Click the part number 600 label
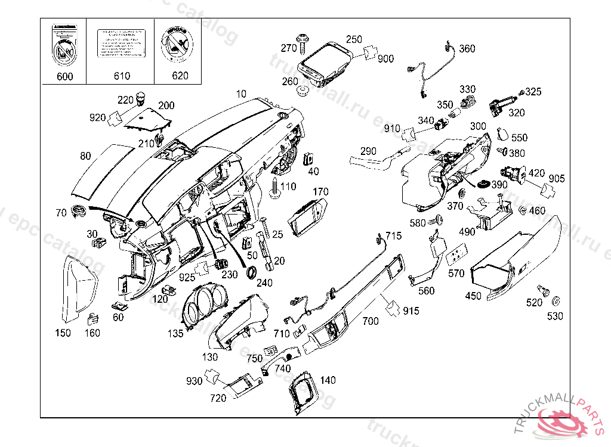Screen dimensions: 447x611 pyautogui.click(x=64, y=76)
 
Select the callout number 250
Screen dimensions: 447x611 pyautogui.click(x=354, y=39)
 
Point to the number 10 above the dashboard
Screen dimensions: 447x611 pyautogui.click(x=240, y=94)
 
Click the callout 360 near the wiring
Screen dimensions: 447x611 pyautogui.click(x=467, y=49)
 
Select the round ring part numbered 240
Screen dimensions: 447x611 pyautogui.click(x=252, y=272)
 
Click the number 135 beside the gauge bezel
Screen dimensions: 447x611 pyautogui.click(x=175, y=334)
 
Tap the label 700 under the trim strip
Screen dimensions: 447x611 pyautogui.click(x=370, y=321)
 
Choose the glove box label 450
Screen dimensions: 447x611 pyautogui.click(x=473, y=296)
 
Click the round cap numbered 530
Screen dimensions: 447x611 pyautogui.click(x=558, y=300)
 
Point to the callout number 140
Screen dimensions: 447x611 pyautogui.click(x=328, y=380)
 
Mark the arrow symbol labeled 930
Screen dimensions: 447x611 pyautogui.click(x=211, y=376)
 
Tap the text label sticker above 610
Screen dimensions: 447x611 pyautogui.click(x=121, y=43)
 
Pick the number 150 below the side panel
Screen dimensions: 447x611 pyautogui.click(x=63, y=333)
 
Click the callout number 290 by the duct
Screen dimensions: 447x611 pyautogui.click(x=369, y=151)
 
